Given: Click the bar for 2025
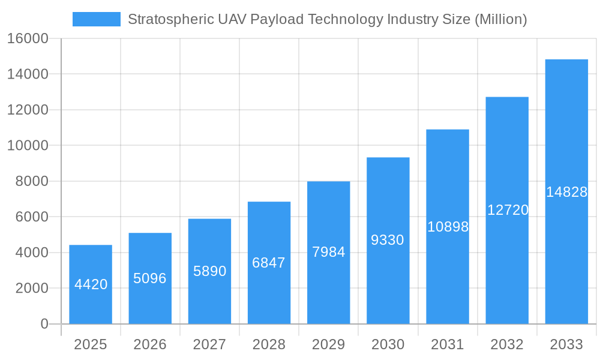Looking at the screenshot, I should pos(91,284).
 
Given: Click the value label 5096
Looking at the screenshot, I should pos(150,278).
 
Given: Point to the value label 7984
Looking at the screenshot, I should pos(329,252).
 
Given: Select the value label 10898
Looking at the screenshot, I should pos(448,227).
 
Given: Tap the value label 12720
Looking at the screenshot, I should pos(508,210).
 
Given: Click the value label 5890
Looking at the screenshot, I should pos(209,271).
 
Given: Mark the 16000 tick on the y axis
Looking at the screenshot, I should pos(28,38).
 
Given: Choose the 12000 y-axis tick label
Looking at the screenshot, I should pos(28,110).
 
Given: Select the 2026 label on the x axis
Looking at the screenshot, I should pos(150,344).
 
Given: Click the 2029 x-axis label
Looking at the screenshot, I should pos(329,344).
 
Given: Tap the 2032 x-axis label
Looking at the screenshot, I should pos(507,344).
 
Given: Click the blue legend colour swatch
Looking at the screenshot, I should pos(96,19).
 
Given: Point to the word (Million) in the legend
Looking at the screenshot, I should pos(500,19).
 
